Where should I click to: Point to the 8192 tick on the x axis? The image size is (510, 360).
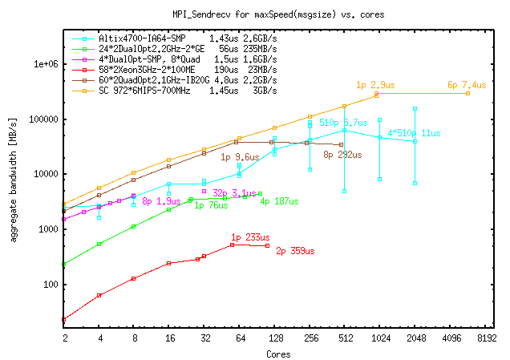[486, 338]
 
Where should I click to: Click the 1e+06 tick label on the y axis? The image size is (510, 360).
[41, 64]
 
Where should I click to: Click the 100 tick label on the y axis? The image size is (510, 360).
[47, 285]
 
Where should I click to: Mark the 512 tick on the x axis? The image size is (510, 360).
[345, 338]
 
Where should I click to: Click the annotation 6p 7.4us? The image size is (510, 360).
[467, 85]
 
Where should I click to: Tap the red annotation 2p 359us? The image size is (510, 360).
[295, 251]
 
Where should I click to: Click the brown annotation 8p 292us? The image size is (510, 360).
[344, 155]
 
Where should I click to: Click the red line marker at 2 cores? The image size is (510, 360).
[64, 319]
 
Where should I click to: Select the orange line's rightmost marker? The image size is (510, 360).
[467, 94]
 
